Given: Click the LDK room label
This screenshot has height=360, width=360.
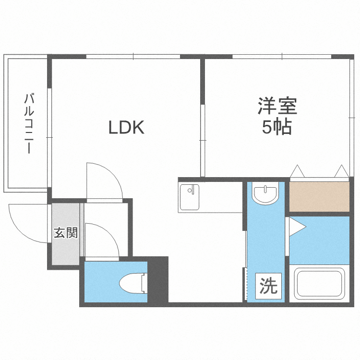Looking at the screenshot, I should [126, 128].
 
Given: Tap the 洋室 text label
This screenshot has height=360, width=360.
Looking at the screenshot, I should [277, 106].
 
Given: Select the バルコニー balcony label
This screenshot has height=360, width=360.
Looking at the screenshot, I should [28, 124].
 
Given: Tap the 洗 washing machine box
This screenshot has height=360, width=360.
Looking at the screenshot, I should [268, 287].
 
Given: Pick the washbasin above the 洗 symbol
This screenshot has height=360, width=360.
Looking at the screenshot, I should [265, 194].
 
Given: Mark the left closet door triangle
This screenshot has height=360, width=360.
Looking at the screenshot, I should [297, 171].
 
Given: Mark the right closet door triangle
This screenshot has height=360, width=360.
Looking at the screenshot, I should [341, 171].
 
